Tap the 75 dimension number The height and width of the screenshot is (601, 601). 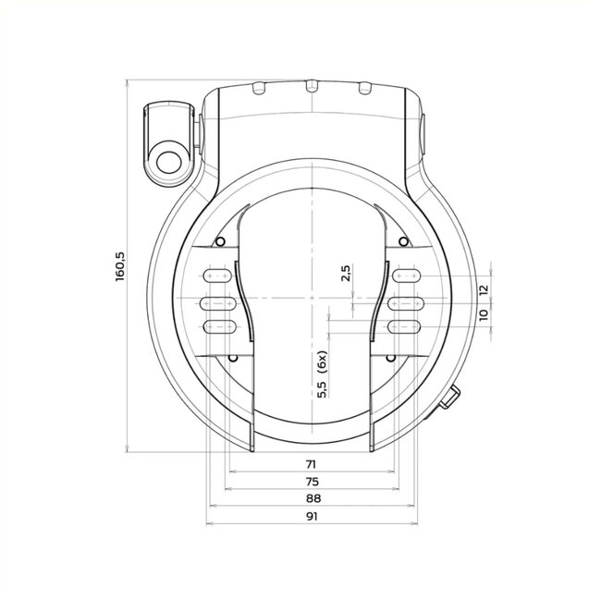[x=312, y=482]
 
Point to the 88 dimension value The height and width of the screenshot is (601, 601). [x=312, y=500]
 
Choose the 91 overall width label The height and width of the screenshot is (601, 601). [x=312, y=519]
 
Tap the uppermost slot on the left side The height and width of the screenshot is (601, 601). [x=215, y=276]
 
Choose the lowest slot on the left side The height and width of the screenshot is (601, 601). [x=215, y=325]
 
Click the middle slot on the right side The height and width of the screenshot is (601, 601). [x=408, y=300]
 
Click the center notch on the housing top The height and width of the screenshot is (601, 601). [x=312, y=86]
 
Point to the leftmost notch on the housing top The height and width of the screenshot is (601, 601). [x=259, y=88]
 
